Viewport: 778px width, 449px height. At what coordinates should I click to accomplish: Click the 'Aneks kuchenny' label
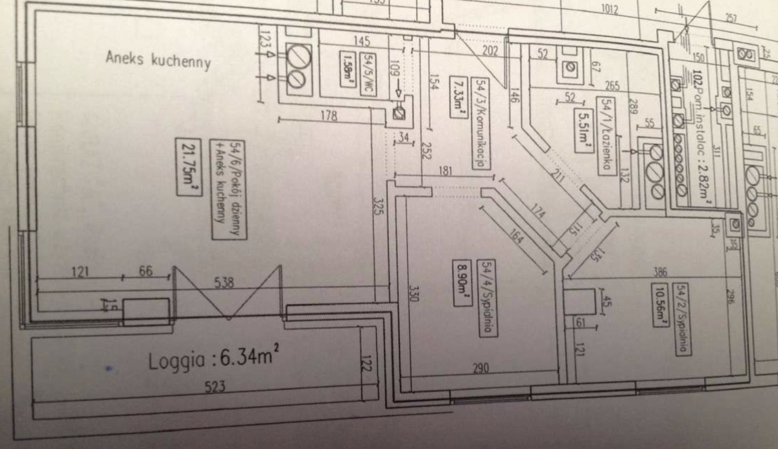158,60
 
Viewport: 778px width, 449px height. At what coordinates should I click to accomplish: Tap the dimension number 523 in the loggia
215,387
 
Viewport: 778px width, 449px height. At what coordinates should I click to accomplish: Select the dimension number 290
480,367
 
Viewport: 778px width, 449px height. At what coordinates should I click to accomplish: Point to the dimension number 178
329,115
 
